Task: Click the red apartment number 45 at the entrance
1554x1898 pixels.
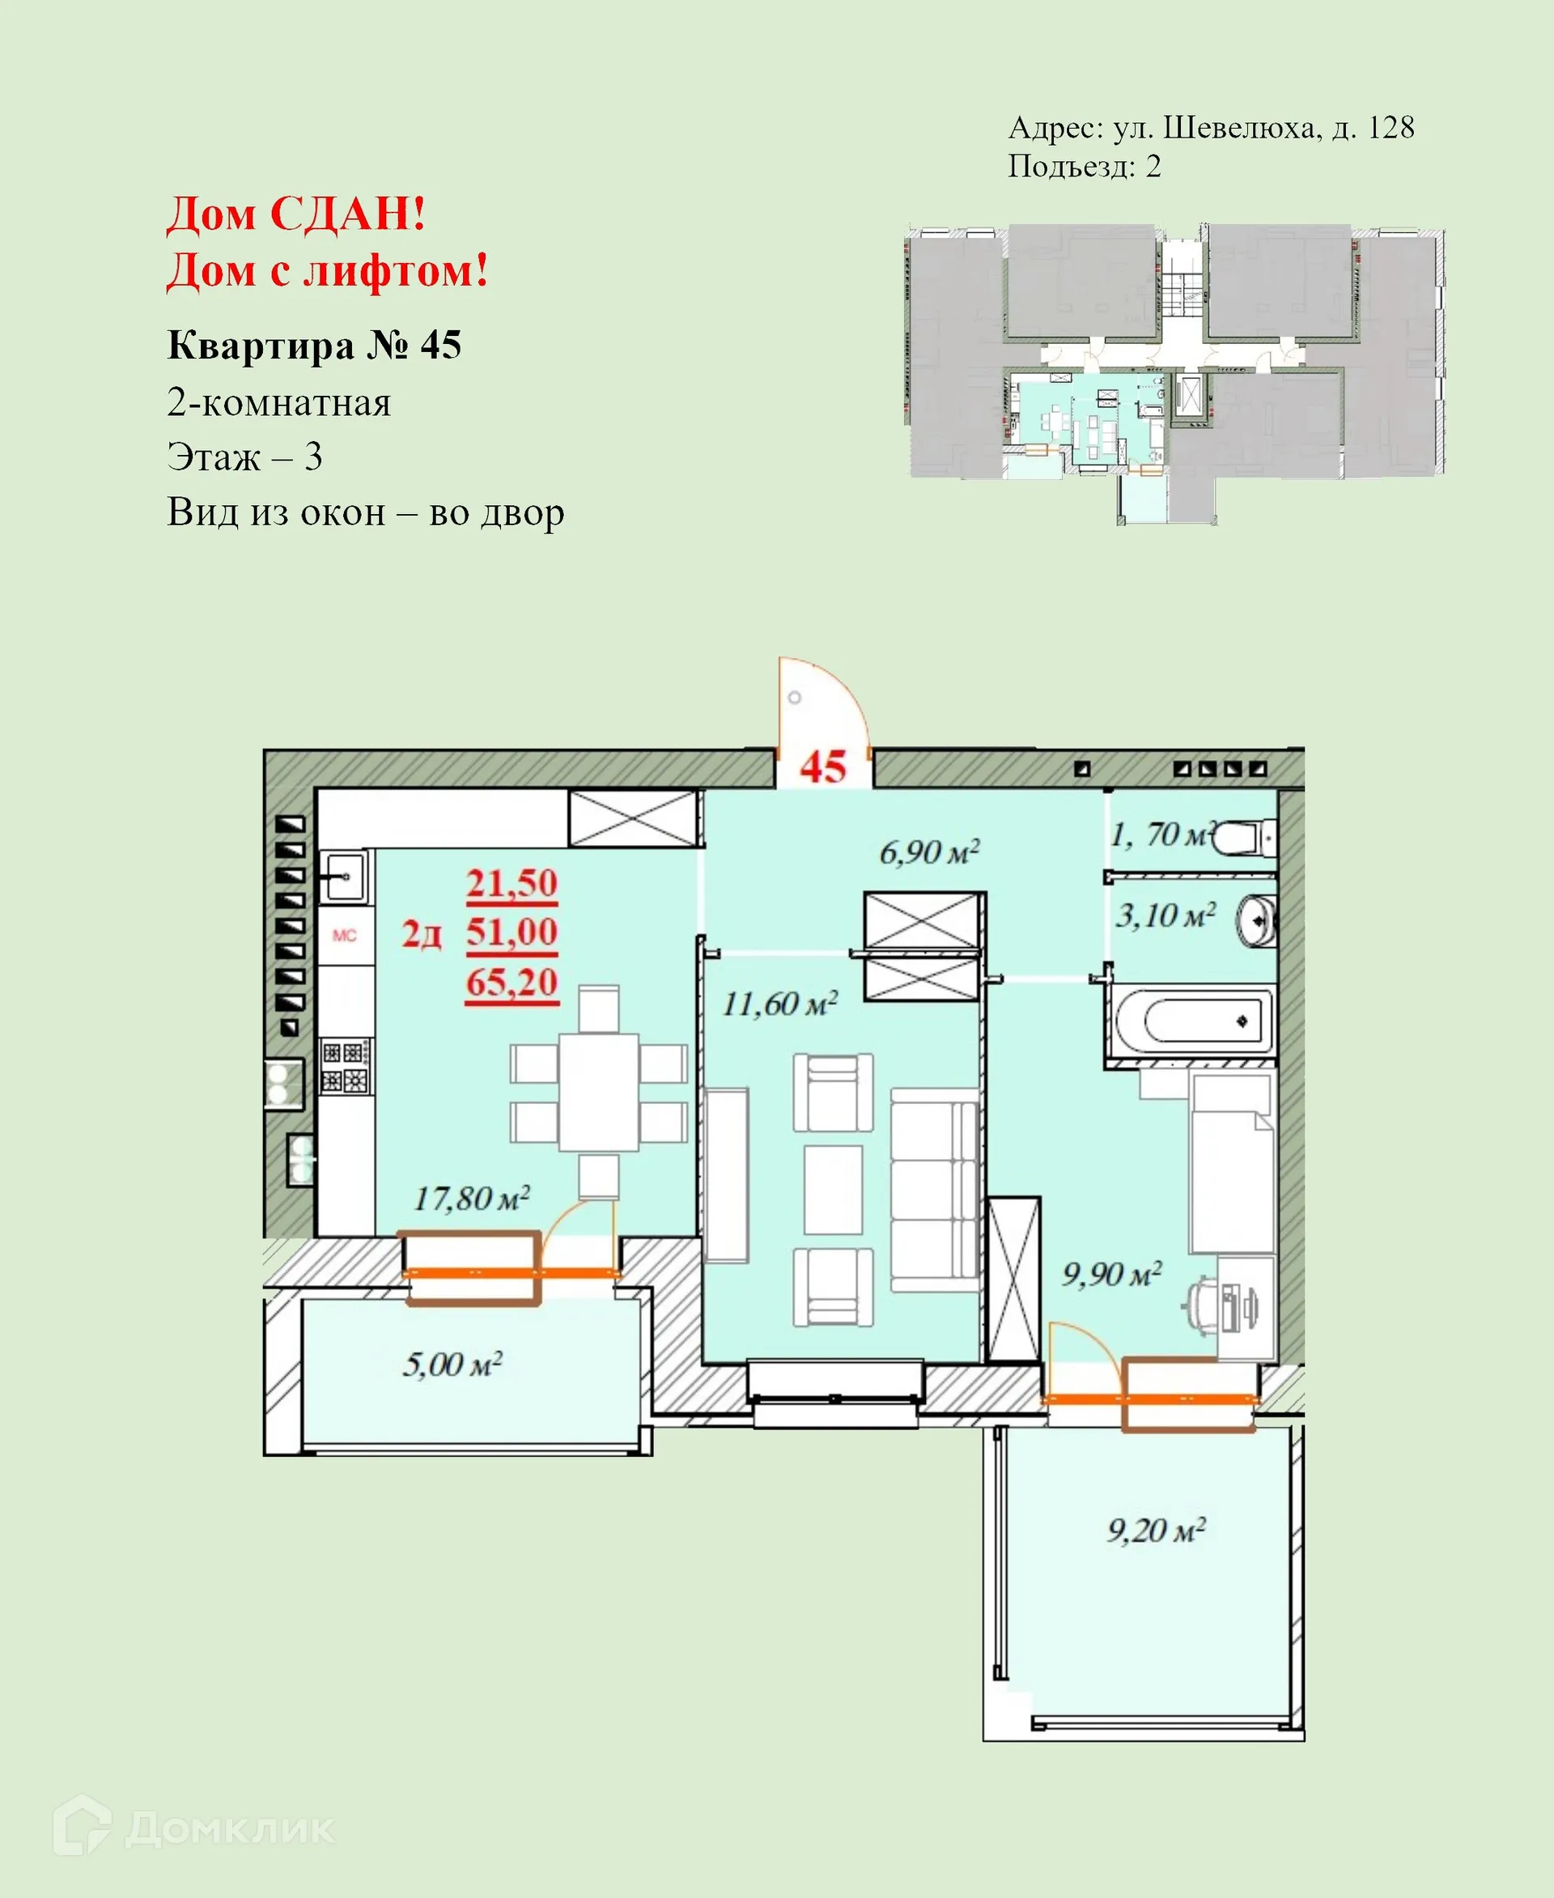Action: (x=822, y=767)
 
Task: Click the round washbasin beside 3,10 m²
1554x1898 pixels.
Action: (x=1258, y=920)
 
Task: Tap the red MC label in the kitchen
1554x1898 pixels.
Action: (x=345, y=936)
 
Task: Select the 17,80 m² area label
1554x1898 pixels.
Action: (x=472, y=1198)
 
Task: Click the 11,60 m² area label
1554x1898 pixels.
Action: (x=779, y=1004)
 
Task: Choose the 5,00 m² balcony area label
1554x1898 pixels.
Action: (x=452, y=1365)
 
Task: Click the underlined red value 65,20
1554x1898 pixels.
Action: (x=512, y=982)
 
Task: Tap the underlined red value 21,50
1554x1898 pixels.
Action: (x=512, y=884)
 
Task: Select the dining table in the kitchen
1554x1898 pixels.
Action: (x=598, y=1091)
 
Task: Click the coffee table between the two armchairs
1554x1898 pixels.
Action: (x=833, y=1189)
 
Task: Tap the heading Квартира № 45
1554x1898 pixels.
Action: (x=314, y=345)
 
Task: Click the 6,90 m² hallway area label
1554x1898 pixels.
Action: (x=929, y=851)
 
